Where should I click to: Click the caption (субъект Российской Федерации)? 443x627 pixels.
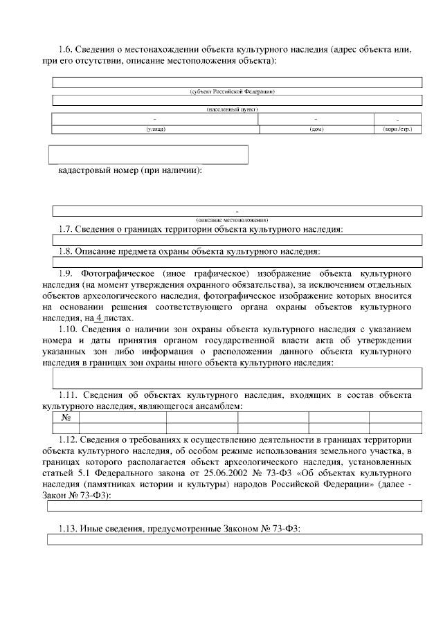click(235, 91)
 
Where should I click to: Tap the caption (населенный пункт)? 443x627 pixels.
click(235, 109)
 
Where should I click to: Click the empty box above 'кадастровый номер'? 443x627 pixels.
click(148, 154)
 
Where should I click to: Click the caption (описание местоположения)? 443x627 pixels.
click(237, 219)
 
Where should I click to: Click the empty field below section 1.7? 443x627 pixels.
click(237, 239)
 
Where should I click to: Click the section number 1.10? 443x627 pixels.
click(69, 329)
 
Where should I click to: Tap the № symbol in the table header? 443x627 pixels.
click(66, 417)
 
